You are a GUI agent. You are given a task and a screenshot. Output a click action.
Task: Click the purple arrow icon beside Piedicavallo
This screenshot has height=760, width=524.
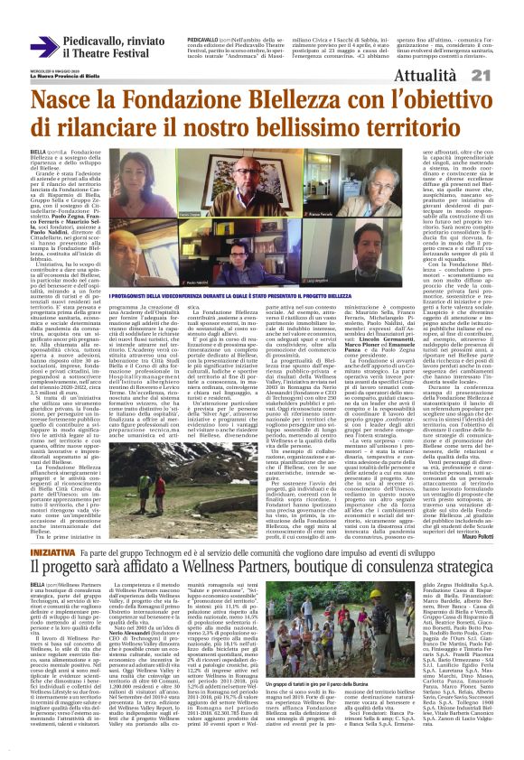pos(44,46)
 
